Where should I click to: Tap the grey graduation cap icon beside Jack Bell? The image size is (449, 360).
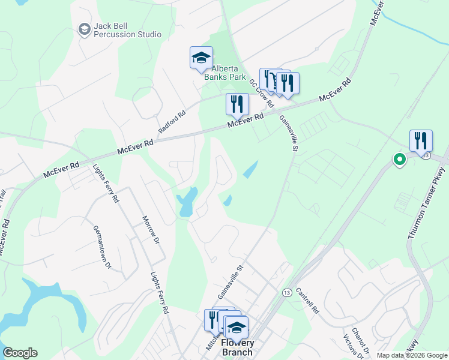(x=84, y=28)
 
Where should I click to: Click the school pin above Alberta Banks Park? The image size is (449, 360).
(x=202, y=58)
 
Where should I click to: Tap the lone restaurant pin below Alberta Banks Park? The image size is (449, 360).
(x=237, y=104)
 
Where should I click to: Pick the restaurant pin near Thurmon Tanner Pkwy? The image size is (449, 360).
(x=421, y=141)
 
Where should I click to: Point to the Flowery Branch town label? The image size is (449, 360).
(x=238, y=347)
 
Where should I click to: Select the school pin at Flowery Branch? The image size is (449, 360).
(x=237, y=328)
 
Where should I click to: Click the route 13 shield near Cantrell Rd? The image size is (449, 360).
(x=287, y=292)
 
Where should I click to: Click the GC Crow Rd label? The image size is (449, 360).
(x=262, y=94)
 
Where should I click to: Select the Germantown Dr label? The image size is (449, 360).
(x=101, y=247)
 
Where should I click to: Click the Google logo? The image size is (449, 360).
(x=20, y=353)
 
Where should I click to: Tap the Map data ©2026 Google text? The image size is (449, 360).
(x=412, y=355)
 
